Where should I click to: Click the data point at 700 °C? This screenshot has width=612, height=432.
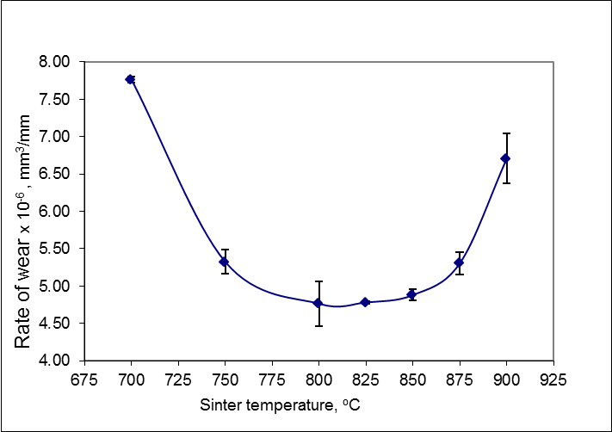coord(131,79)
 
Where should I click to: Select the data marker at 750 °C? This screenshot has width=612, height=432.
coord(224,262)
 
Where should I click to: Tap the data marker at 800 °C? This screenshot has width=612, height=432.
coord(318,303)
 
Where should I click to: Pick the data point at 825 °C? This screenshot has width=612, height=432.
coord(365,302)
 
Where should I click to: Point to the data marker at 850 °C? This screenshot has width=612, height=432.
coord(412,294)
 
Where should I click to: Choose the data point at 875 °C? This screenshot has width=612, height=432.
coord(459,262)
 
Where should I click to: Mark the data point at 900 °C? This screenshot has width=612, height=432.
coord(506,158)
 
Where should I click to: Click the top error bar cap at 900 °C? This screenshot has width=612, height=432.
coord(506,133)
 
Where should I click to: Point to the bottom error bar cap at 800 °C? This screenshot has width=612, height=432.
coord(318,325)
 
